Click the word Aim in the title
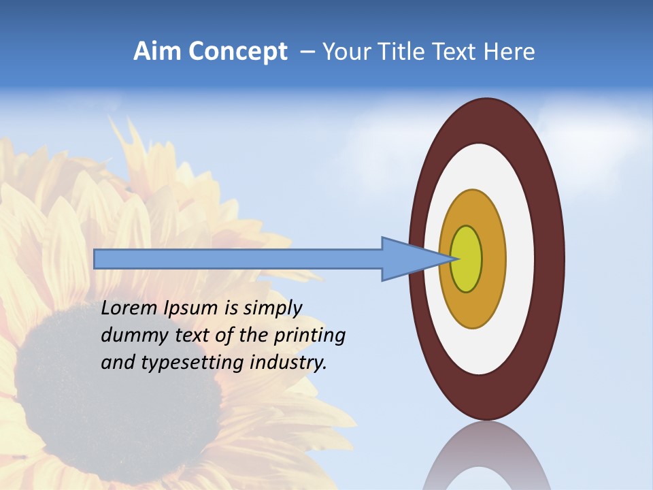[x=157, y=52]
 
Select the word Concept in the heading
[x=237, y=52]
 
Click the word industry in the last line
[x=288, y=363]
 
